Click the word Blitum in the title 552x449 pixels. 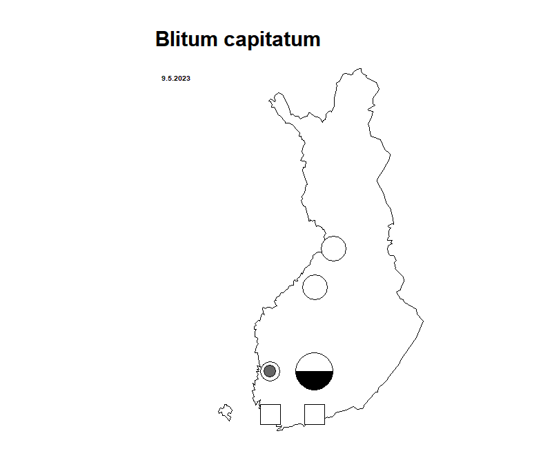click(x=186, y=39)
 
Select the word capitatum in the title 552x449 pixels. click(x=272, y=41)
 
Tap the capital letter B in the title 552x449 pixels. click(x=162, y=39)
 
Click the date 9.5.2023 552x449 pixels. click(x=176, y=79)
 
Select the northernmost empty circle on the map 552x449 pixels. click(x=334, y=249)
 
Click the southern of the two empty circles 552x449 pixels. click(x=315, y=287)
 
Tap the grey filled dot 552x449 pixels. click(x=270, y=371)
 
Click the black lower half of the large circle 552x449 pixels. click(x=315, y=380)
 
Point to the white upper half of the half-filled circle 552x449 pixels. click(x=315, y=362)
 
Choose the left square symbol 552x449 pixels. click(x=270, y=415)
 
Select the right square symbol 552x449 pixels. click(x=315, y=415)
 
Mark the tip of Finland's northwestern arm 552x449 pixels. click(x=269, y=101)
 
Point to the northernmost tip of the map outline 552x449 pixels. click(x=359, y=68)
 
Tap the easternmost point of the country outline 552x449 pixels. click(x=424, y=321)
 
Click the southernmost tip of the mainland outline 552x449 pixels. click(x=278, y=430)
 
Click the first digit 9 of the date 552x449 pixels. click(x=164, y=79)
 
